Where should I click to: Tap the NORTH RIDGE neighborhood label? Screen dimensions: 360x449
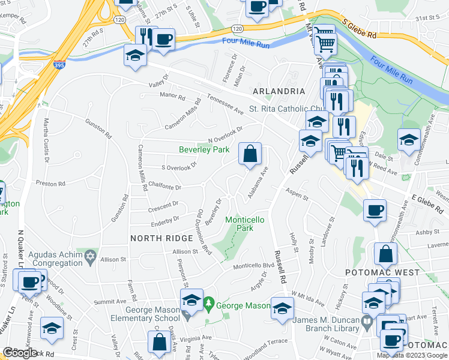[x=155, y=238]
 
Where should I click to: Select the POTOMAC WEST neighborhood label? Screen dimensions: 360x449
[x=374, y=272]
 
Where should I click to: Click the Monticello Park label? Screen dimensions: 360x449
[x=244, y=224]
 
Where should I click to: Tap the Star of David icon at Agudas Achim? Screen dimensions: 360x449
[x=90, y=257]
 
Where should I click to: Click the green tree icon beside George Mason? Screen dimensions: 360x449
[x=208, y=305]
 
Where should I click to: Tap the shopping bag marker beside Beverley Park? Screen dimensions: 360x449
[x=249, y=154]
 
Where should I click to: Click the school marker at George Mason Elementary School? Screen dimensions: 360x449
[x=191, y=300]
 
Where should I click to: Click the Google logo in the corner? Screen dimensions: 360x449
[x=20, y=353]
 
